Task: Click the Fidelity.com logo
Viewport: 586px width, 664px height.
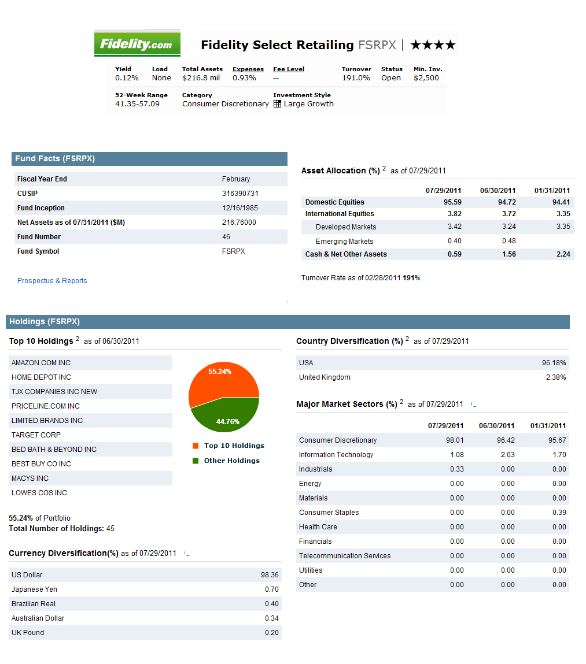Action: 137,43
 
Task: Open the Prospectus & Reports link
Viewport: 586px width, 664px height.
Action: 52,281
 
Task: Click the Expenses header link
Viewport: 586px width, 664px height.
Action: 248,69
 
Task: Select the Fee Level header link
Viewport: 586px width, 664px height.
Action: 289,69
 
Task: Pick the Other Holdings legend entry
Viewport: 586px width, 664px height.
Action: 226,461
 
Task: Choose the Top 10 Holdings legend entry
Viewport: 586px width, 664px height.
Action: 228,446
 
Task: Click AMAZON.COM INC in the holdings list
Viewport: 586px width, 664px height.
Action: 41,363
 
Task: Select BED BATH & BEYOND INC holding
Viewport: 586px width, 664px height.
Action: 54,449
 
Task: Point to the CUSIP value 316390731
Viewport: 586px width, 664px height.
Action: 240,194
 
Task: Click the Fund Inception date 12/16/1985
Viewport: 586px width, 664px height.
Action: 240,208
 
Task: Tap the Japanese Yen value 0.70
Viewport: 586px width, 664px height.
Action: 272,589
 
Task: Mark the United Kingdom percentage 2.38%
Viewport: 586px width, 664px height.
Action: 556,377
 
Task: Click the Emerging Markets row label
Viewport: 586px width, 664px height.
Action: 344,242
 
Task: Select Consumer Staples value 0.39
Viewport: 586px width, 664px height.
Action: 559,513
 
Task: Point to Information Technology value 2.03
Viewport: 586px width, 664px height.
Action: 508,455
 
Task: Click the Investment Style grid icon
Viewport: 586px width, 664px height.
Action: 277,104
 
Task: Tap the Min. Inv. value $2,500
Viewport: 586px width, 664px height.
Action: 426,78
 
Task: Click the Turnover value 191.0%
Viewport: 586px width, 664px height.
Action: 356,78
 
